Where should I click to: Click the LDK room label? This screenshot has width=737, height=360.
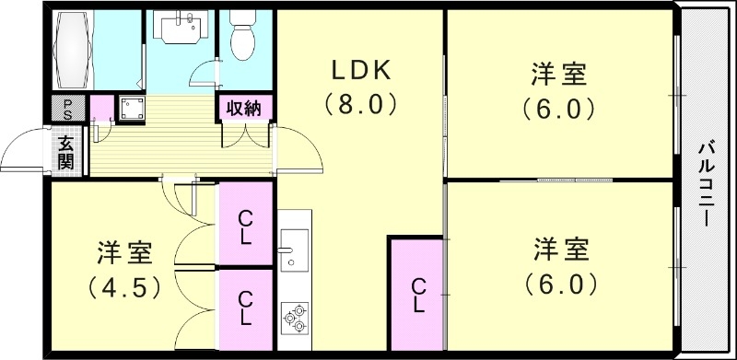(361, 70)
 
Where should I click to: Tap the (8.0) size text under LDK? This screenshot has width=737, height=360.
(361, 105)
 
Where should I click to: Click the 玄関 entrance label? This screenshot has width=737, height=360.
(67, 152)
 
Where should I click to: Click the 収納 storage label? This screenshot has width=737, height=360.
(244, 108)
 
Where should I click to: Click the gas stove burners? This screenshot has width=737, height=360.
(295, 317)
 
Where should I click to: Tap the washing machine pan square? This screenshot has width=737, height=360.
(128, 109)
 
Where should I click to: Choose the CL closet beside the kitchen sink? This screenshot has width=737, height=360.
(245, 226)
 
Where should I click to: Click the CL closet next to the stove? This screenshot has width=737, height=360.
(245, 309)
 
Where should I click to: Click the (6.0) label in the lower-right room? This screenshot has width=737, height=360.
(559, 284)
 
